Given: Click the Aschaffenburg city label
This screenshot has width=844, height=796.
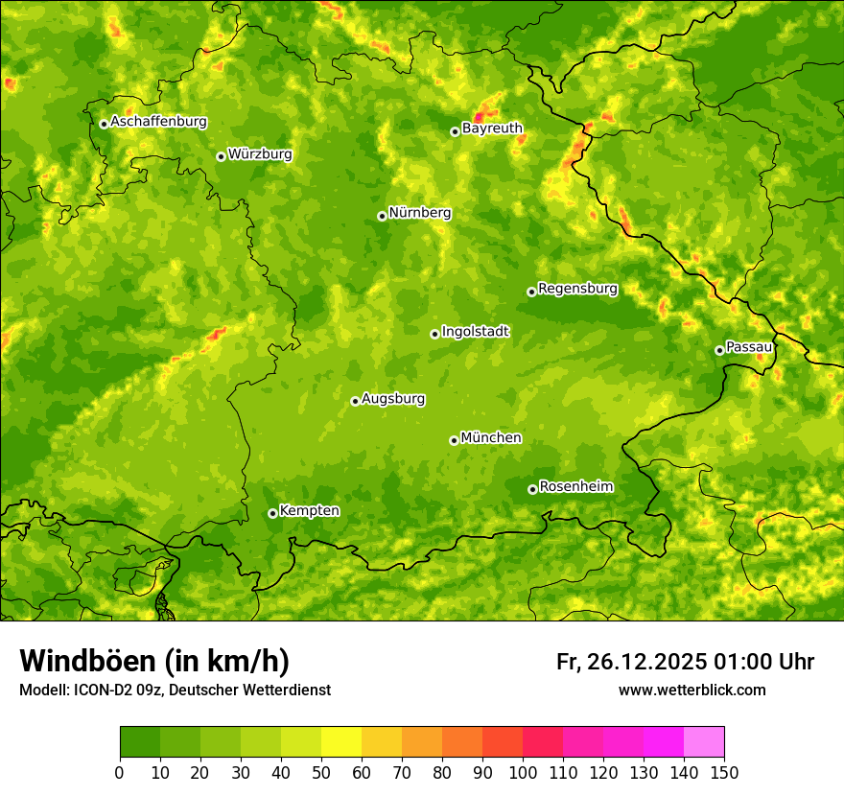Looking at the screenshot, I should pyautogui.click(x=158, y=122).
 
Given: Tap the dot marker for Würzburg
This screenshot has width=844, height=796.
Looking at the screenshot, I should pyautogui.click(x=221, y=156).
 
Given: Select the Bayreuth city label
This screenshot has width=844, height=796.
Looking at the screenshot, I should pyautogui.click(x=492, y=129).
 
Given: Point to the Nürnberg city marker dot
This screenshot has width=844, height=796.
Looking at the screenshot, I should pyautogui.click(x=382, y=216).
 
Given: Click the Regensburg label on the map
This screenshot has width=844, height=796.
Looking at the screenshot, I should pyautogui.click(x=577, y=289).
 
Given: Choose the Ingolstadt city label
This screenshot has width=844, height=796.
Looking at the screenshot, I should pyautogui.click(x=475, y=332).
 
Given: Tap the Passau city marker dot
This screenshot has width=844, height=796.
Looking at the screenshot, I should pyautogui.click(x=719, y=350).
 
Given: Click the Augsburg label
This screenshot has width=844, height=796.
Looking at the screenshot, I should pyautogui.click(x=393, y=399).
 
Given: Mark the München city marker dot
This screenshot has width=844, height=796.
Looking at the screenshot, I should pyautogui.click(x=454, y=440).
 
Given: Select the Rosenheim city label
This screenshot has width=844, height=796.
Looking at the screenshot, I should pyautogui.click(x=575, y=487).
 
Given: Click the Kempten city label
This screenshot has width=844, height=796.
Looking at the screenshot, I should pyautogui.click(x=309, y=511).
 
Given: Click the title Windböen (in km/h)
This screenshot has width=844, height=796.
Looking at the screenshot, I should pyautogui.click(x=154, y=661).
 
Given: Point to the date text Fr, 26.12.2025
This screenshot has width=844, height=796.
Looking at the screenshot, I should pyautogui.click(x=630, y=662).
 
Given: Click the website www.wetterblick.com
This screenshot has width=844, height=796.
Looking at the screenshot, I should pyautogui.click(x=692, y=690).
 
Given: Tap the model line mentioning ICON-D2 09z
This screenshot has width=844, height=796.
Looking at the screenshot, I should pyautogui.click(x=175, y=690).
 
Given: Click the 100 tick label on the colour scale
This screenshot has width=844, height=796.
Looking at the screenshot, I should pyautogui.click(x=523, y=773).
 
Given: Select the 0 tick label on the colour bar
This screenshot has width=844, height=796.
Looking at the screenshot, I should pyautogui.click(x=120, y=773).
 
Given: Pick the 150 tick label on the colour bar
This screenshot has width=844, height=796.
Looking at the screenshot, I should pyautogui.click(x=724, y=773).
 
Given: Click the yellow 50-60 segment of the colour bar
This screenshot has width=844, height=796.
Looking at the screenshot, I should pyautogui.click(x=341, y=742).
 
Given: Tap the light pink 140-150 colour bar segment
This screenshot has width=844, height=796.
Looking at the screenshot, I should pyautogui.click(x=704, y=742).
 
